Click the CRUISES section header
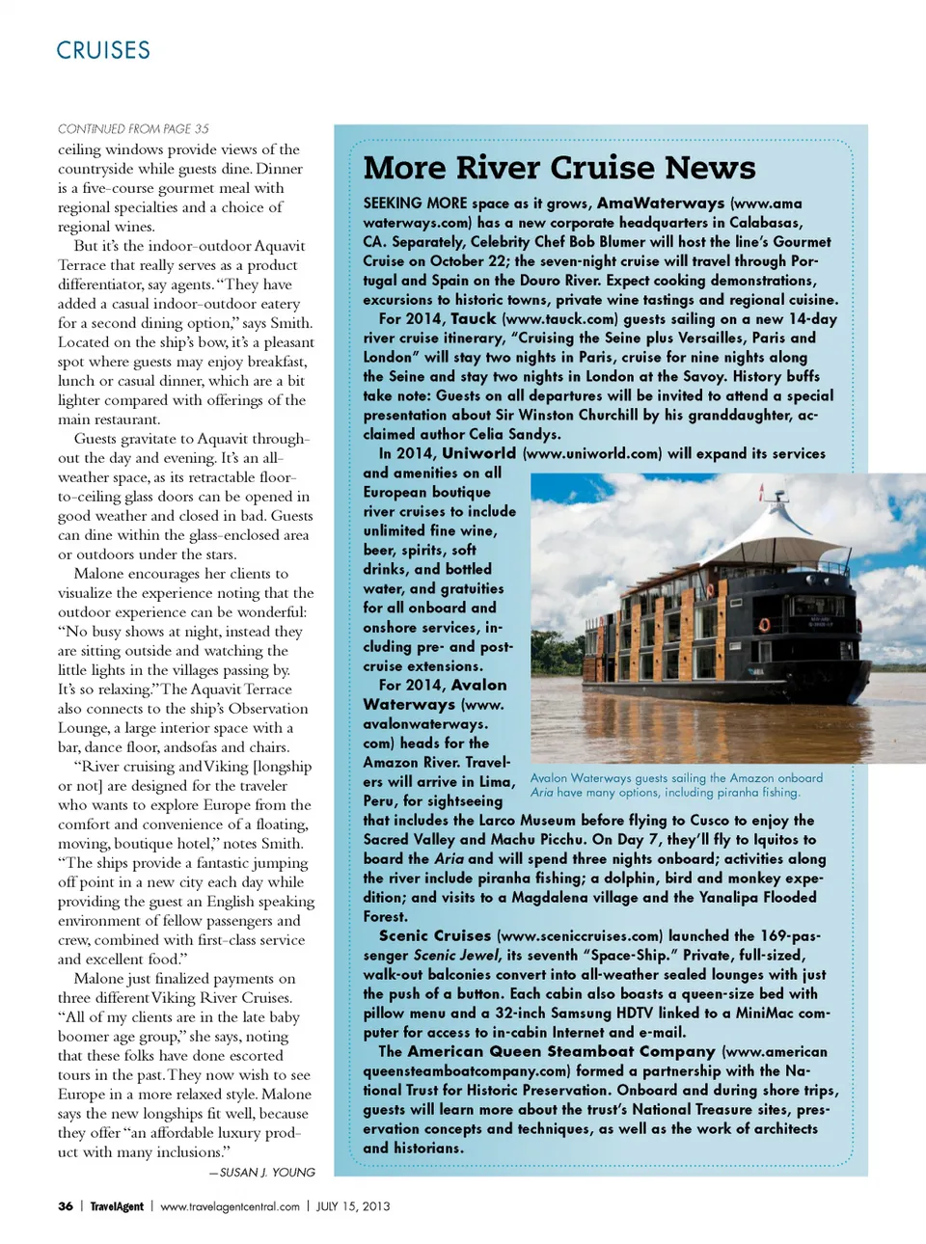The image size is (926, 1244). [x=103, y=50]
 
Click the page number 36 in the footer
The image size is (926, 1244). [x=66, y=1206]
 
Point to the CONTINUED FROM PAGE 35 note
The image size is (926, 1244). [x=133, y=128]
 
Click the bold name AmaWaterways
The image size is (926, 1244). [x=661, y=203]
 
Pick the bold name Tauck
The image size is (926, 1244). [x=473, y=319]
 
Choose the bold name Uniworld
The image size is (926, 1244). [x=478, y=454]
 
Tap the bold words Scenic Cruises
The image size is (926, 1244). [x=435, y=936]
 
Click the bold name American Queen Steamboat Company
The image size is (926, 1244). [x=561, y=1052]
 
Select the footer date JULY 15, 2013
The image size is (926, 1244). [x=353, y=1206]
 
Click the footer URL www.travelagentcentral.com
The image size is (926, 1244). [x=230, y=1206]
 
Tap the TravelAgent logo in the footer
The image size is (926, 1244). [x=117, y=1206]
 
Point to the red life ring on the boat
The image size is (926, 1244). [x=764, y=624]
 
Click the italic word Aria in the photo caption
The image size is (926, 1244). [x=542, y=793]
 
